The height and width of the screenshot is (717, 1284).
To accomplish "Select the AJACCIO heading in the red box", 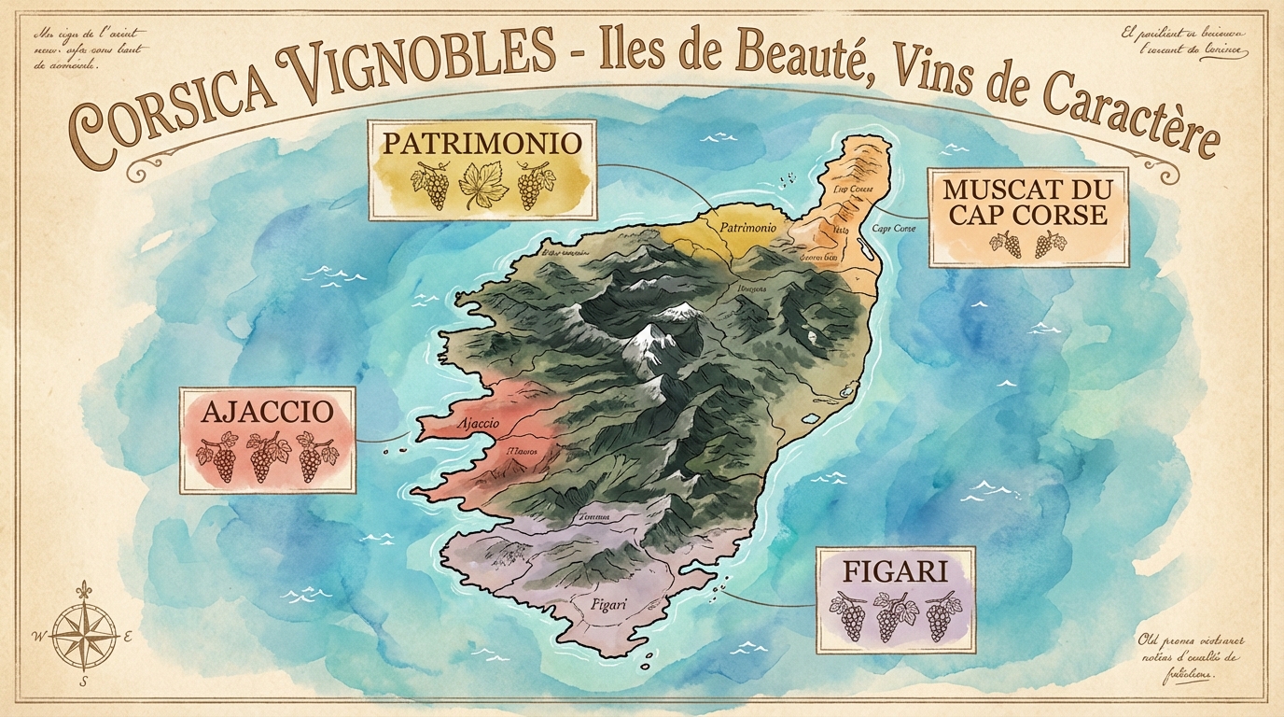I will [x=265, y=412].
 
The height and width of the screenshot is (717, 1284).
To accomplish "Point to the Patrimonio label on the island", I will [x=748, y=227].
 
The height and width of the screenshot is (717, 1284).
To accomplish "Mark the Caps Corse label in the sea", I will [x=893, y=229].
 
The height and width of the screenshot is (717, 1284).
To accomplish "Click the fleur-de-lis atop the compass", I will [x=86, y=590].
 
